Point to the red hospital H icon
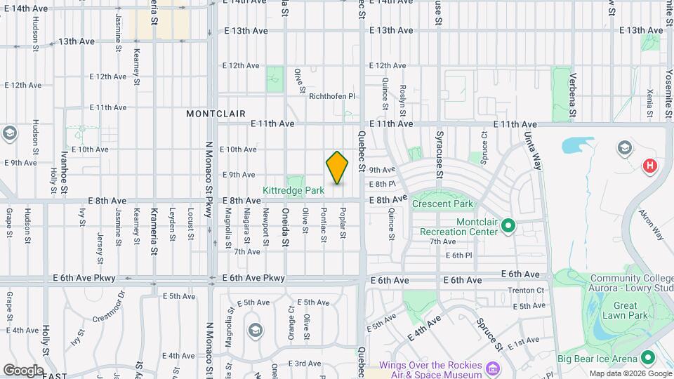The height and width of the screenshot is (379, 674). click(650, 166)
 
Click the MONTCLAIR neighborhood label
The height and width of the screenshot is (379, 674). click(216, 113)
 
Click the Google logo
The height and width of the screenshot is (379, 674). click(23, 370)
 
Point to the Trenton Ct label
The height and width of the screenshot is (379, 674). click(526, 291)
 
